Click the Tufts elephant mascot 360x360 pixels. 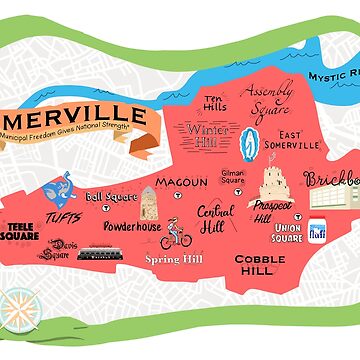58,184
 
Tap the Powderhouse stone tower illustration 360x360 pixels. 150,203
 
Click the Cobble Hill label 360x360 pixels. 260,265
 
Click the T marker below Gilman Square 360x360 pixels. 234,189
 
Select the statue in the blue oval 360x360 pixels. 250,141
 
